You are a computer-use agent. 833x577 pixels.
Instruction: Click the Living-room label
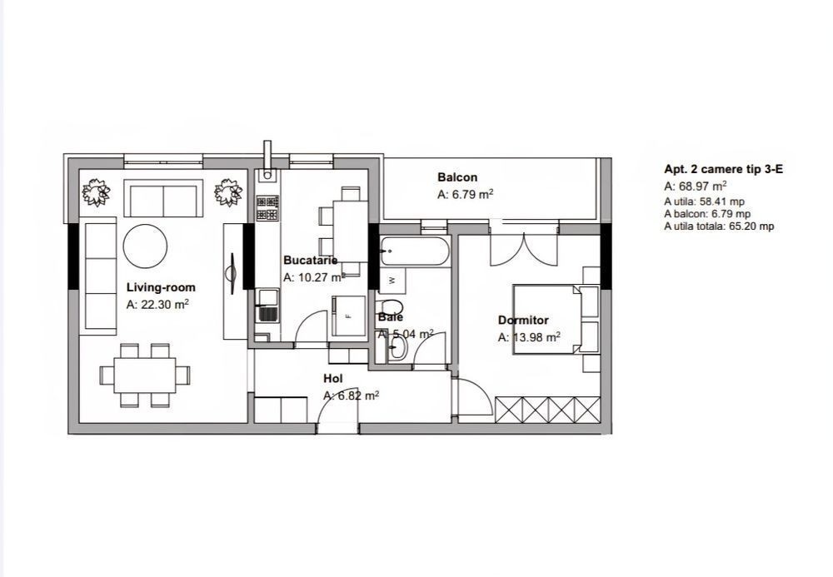pyautogui.click(x=161, y=288)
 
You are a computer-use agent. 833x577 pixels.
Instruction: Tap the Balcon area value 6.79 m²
pyautogui.click(x=466, y=194)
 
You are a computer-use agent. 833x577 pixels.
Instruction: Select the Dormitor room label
pyautogui.click(x=523, y=320)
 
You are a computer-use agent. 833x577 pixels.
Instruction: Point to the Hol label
pyautogui.click(x=333, y=379)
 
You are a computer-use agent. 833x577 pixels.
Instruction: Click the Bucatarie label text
pyautogui.click(x=310, y=260)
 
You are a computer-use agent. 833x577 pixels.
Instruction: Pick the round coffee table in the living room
pyautogui.click(x=145, y=246)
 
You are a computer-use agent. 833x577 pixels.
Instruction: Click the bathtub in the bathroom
pyautogui.click(x=415, y=251)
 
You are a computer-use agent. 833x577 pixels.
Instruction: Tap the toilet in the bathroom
pyautogui.click(x=391, y=307)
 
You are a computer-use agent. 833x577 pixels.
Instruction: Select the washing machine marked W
pyautogui.click(x=392, y=280)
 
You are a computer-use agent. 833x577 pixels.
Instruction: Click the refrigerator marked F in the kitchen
pyautogui.click(x=349, y=316)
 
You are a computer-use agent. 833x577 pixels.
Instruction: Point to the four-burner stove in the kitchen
pyautogui.click(x=267, y=208)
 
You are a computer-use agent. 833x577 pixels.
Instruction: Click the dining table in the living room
pyautogui.click(x=144, y=375)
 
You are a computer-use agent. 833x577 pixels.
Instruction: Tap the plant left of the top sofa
pyautogui.click(x=96, y=192)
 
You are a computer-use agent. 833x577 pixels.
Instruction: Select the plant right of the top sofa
pyautogui.click(x=228, y=192)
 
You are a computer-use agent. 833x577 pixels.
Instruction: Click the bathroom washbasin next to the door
pyautogui.click(x=397, y=348)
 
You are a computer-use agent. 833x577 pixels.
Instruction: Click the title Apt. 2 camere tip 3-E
pyautogui.click(x=723, y=169)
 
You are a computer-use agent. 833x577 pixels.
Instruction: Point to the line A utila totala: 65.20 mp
pyautogui.click(x=719, y=226)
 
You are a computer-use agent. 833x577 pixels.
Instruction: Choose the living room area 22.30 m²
pyautogui.click(x=157, y=305)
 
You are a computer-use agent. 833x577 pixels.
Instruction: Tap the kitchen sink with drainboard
pyautogui.click(x=267, y=306)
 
